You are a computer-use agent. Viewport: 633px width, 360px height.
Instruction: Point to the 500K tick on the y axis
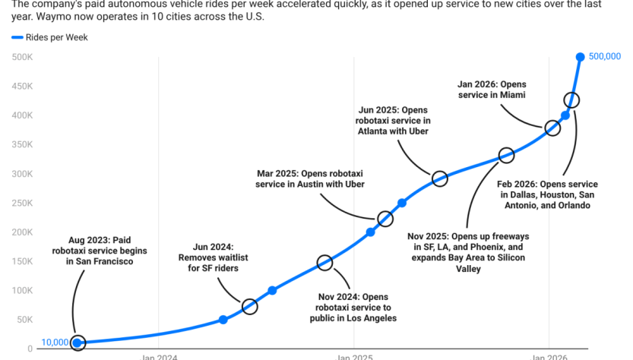click(x=22, y=57)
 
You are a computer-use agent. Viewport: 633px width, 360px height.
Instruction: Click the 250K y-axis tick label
click(x=22, y=203)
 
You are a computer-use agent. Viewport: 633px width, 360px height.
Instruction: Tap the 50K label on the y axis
click(x=24, y=320)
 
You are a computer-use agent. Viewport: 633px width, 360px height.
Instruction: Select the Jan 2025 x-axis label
click(x=353, y=356)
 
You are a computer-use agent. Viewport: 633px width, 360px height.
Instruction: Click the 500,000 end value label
click(x=605, y=56)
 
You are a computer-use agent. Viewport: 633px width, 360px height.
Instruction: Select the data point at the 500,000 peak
click(x=580, y=57)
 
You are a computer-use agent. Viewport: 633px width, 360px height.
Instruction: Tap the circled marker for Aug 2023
click(x=78, y=343)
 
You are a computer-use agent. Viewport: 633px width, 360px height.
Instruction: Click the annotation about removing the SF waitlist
click(x=209, y=257)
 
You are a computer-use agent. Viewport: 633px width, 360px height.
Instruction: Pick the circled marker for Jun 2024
click(x=249, y=307)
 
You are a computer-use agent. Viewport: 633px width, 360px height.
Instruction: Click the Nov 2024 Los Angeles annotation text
click(x=356, y=307)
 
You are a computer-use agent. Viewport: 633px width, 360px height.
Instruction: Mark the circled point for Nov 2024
click(x=324, y=263)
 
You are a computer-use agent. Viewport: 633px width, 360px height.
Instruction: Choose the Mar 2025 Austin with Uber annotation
click(x=310, y=178)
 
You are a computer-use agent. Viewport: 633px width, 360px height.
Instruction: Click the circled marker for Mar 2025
click(x=385, y=219)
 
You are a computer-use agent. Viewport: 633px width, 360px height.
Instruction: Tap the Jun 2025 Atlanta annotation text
click(x=393, y=120)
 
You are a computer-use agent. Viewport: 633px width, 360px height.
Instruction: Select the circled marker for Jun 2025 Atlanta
click(x=439, y=179)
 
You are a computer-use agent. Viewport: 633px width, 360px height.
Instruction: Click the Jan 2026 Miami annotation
click(x=492, y=89)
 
